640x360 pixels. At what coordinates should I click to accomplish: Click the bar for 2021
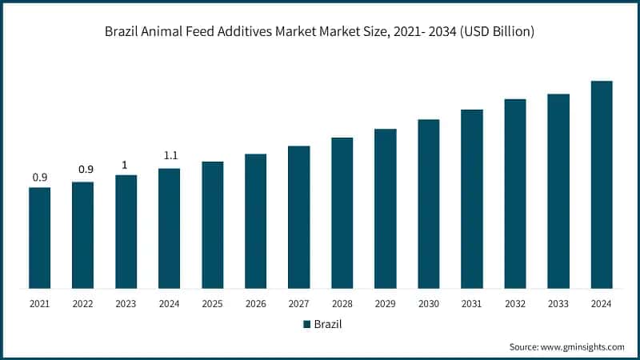(x=39, y=238)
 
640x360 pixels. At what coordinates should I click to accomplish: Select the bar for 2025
(x=212, y=225)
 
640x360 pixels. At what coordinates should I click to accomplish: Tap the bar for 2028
(x=342, y=213)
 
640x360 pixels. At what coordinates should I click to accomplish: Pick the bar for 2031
(x=472, y=198)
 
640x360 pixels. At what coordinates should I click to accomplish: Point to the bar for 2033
(x=558, y=191)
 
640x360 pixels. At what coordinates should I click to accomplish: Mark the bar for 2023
(x=126, y=231)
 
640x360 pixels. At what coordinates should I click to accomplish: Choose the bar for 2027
(x=298, y=217)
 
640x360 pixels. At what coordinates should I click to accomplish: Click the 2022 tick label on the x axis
(x=82, y=304)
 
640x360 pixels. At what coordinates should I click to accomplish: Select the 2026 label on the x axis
(x=255, y=304)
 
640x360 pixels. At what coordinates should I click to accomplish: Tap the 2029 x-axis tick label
(x=385, y=304)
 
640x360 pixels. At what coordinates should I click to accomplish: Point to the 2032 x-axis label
(x=515, y=304)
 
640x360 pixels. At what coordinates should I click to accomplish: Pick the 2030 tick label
(x=428, y=304)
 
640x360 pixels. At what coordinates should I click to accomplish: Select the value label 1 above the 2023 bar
(x=126, y=165)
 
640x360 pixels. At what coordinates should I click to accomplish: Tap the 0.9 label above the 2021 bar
(x=39, y=177)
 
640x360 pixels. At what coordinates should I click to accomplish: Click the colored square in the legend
(x=306, y=324)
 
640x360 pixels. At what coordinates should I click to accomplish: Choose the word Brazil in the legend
(x=327, y=324)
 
